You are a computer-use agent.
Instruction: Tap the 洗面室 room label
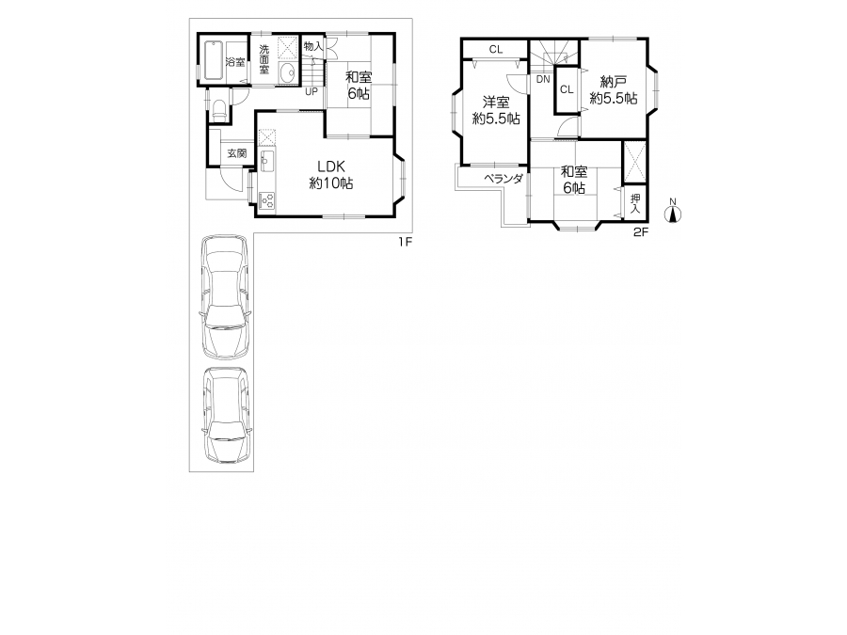pyautogui.click(x=264, y=59)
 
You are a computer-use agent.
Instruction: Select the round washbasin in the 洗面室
pyautogui.click(x=288, y=72)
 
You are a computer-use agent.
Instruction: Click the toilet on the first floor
pyautogui.click(x=219, y=111)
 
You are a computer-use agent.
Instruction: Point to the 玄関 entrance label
pyautogui.click(x=236, y=153)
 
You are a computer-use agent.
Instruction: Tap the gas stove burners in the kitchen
pyautogui.click(x=267, y=200)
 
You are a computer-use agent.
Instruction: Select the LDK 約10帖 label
pyautogui.click(x=331, y=174)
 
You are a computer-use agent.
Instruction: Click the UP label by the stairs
pyautogui.click(x=312, y=92)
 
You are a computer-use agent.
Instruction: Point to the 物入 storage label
pyautogui.click(x=313, y=46)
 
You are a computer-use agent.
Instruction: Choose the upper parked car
pyautogui.click(x=226, y=296)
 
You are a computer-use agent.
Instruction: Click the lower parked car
pyautogui.click(x=227, y=415)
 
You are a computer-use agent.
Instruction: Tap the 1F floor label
pyautogui.click(x=405, y=242)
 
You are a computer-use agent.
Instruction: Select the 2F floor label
pyautogui.click(x=641, y=232)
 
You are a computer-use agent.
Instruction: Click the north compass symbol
pyautogui.click(x=673, y=212)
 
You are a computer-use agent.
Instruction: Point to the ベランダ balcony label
pyautogui.click(x=503, y=179)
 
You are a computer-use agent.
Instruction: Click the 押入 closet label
pyautogui.click(x=635, y=203)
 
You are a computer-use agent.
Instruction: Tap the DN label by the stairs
pyautogui.click(x=543, y=79)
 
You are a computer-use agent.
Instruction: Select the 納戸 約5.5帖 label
pyautogui.click(x=614, y=90)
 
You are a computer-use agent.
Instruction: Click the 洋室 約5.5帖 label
pyautogui.click(x=496, y=110)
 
